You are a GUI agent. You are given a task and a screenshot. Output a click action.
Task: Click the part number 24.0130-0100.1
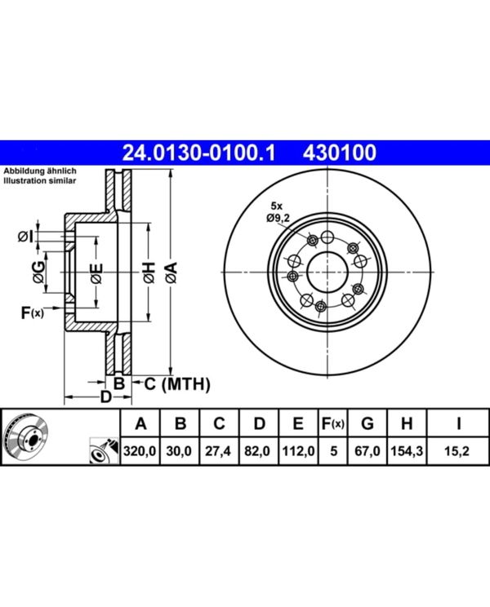coord(200,152)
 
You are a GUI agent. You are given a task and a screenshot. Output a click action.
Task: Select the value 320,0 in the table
coord(140,449)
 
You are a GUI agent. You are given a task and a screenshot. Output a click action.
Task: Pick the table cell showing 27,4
coord(219,449)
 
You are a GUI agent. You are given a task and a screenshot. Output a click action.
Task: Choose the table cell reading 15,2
coord(460,449)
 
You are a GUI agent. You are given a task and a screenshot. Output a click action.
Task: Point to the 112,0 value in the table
coord(297,449)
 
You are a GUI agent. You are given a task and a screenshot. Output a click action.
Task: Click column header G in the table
coord(367,423)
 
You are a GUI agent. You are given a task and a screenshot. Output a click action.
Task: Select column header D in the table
coord(258,423)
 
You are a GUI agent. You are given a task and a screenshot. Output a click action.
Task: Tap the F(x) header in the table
coord(332,423)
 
